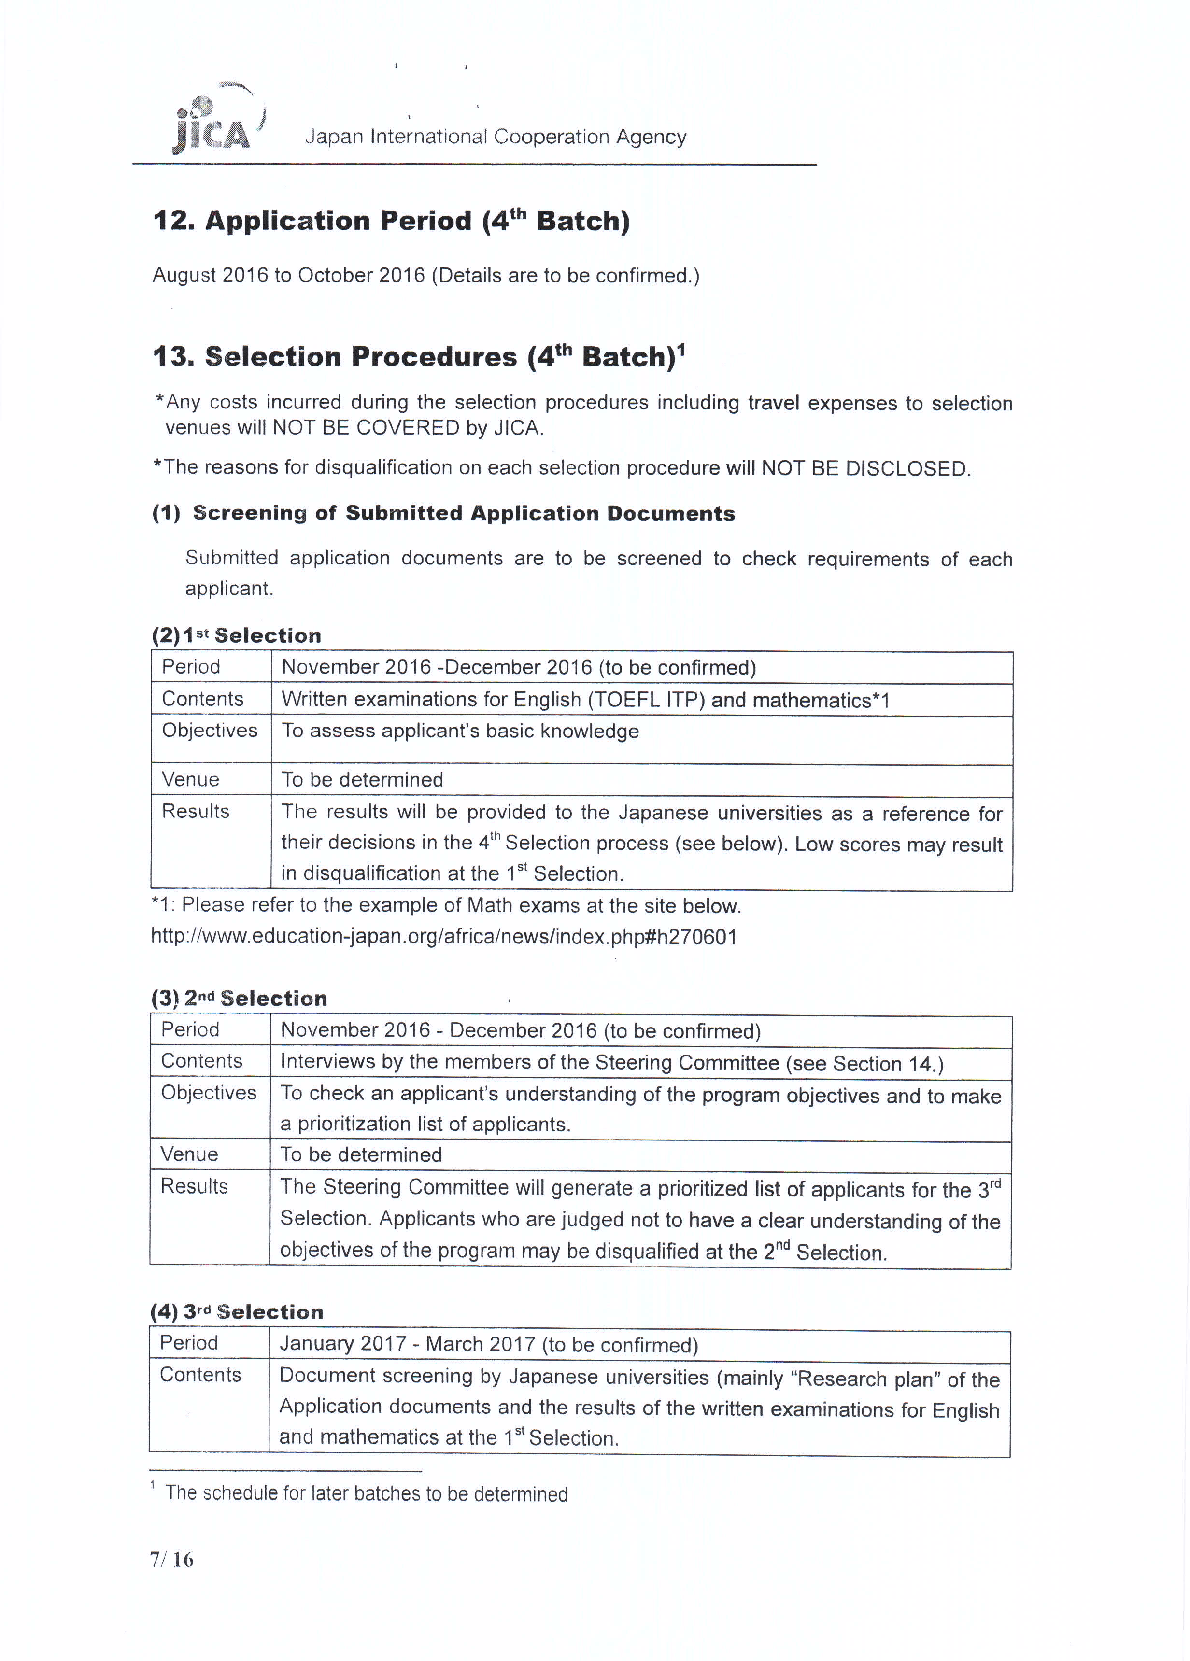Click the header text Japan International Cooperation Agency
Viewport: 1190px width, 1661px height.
tap(495, 137)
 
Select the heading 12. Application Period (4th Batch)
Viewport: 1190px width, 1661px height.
tap(391, 221)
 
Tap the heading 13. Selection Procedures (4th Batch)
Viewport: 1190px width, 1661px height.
tap(419, 357)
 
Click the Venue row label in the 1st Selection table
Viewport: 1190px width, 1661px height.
tap(190, 779)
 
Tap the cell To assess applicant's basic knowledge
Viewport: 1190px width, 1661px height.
tap(460, 731)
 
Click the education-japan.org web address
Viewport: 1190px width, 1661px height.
tap(444, 937)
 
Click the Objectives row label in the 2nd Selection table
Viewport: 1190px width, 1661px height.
tap(209, 1093)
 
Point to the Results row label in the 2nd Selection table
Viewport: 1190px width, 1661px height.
tap(194, 1186)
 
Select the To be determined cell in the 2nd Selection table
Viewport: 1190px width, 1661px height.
tap(361, 1155)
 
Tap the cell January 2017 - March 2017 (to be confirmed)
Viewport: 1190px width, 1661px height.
tap(488, 1344)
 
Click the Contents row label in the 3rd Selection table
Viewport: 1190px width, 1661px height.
tap(200, 1375)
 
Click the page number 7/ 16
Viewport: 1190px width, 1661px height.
tap(171, 1560)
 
